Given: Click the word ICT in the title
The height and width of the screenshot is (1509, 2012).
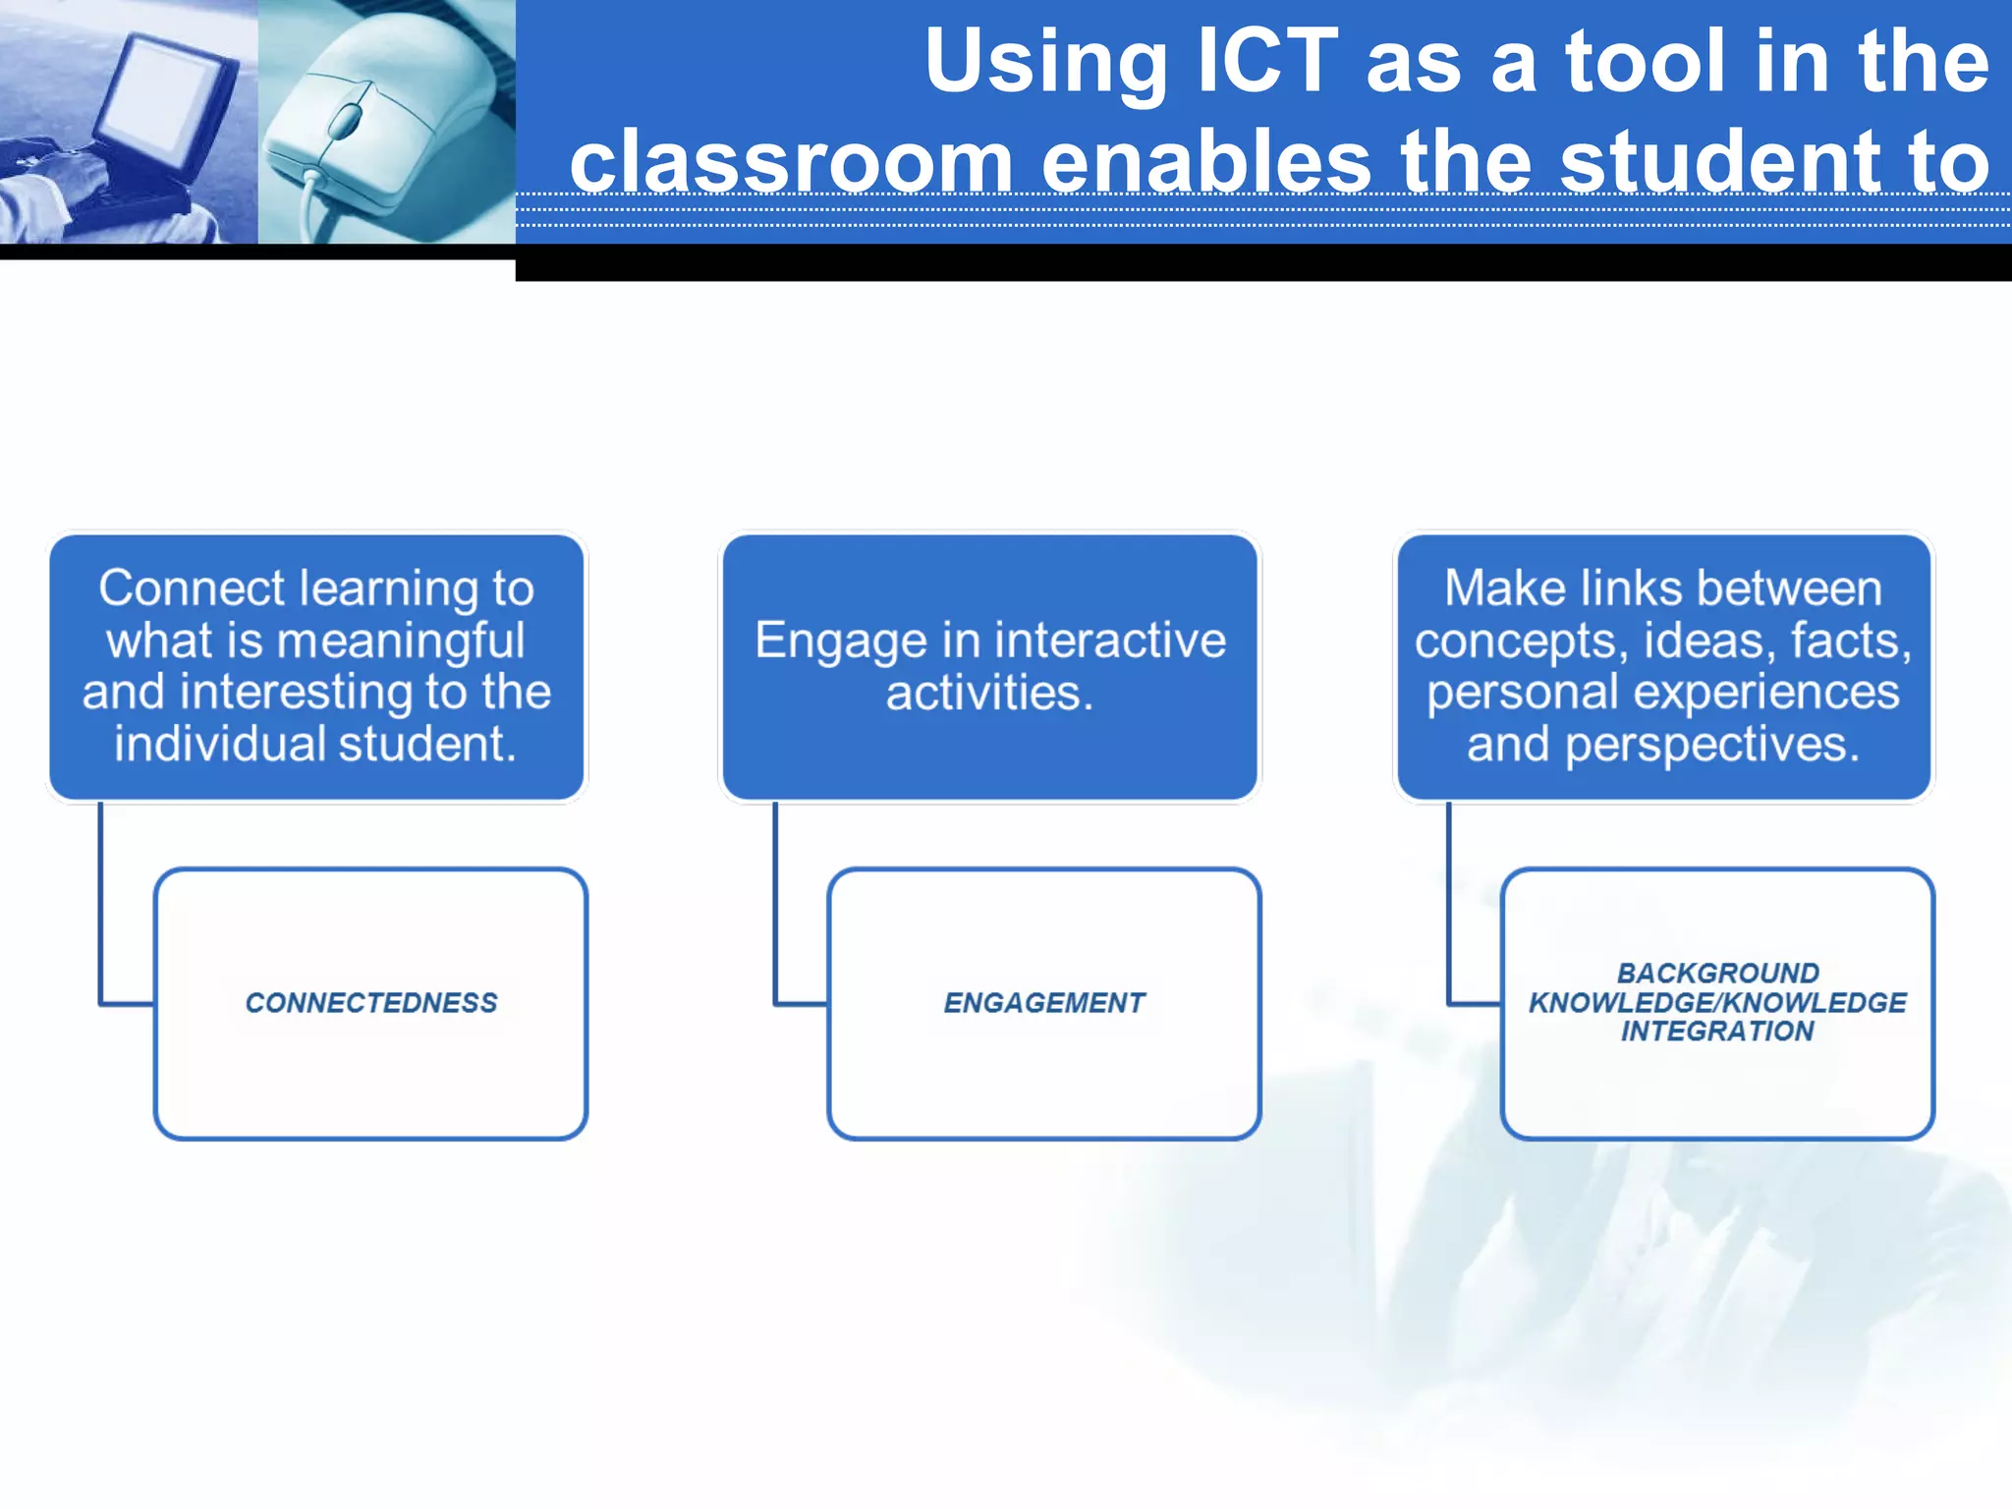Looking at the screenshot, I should point(1267,61).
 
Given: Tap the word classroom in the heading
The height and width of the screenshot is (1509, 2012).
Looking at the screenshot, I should point(791,162).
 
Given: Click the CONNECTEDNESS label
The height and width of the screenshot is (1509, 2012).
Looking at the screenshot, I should point(371,1003).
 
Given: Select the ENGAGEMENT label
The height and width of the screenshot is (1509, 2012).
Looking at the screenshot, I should point(1044,1003).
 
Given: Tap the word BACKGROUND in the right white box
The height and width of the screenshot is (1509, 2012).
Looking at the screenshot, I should point(1717,974).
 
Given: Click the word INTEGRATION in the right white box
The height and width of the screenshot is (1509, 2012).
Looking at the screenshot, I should point(1717,1032).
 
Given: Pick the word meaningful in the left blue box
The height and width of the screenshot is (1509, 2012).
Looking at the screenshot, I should point(401,642).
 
